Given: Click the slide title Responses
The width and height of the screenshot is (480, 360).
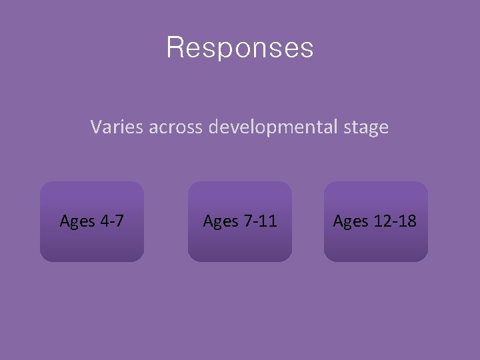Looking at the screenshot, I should click(x=239, y=48).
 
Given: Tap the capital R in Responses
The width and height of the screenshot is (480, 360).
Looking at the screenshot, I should click(x=175, y=48).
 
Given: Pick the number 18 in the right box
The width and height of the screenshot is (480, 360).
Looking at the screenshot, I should click(x=407, y=221).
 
